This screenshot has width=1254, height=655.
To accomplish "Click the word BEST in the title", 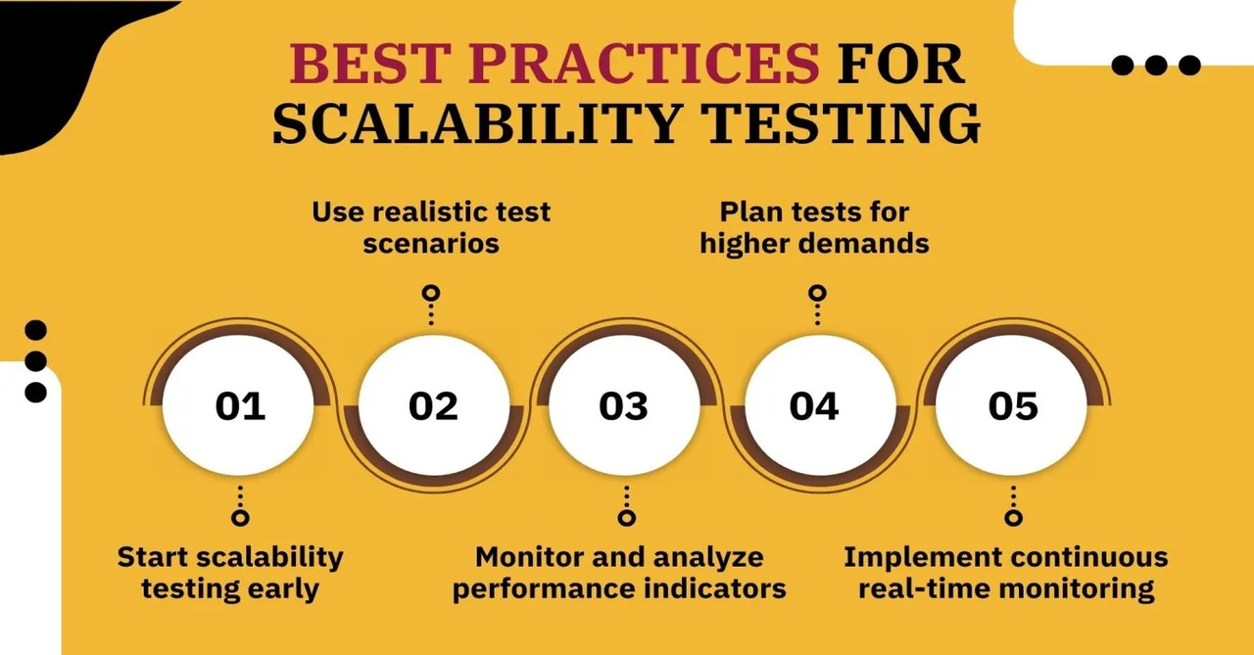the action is pyautogui.click(x=370, y=64).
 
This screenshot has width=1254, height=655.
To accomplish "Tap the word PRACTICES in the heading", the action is pyautogui.click(x=644, y=64).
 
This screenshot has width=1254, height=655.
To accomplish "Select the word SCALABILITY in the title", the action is pyautogui.click(x=477, y=123).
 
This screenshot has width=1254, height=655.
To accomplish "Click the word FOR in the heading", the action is pyautogui.click(x=900, y=64).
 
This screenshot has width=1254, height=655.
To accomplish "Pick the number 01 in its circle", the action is pyautogui.click(x=240, y=406).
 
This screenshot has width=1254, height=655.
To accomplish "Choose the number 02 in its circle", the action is pyautogui.click(x=433, y=406).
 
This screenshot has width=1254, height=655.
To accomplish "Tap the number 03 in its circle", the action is pyautogui.click(x=624, y=406).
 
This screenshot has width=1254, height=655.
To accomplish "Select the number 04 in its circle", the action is pyautogui.click(x=814, y=406).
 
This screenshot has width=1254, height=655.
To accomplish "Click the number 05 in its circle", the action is pyautogui.click(x=1013, y=406).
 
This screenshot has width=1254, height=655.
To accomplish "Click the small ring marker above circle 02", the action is pyautogui.click(x=431, y=293).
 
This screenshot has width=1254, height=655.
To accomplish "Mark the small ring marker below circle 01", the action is pyautogui.click(x=240, y=518).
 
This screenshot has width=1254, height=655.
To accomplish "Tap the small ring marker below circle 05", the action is pyautogui.click(x=1013, y=518).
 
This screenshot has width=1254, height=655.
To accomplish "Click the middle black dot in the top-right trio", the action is pyautogui.click(x=1156, y=65).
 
